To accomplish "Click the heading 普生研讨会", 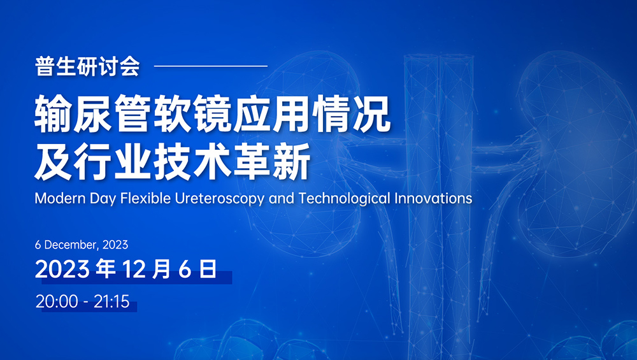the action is pyautogui.click(x=87, y=66).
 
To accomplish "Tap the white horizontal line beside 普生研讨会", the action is pyautogui.click(x=211, y=66).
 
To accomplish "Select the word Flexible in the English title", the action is pyautogui.click(x=145, y=198).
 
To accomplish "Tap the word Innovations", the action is pyautogui.click(x=433, y=198).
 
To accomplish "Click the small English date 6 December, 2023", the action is pyautogui.click(x=82, y=245).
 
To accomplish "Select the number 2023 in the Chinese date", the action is pyautogui.click(x=62, y=269).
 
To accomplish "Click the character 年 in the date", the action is pyautogui.click(x=105, y=269).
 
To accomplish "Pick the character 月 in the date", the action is pyautogui.click(x=161, y=269).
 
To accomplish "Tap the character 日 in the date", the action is pyautogui.click(x=208, y=269).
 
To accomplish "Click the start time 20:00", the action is pyautogui.click(x=57, y=301).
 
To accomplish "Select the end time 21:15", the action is pyautogui.click(x=111, y=301).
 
